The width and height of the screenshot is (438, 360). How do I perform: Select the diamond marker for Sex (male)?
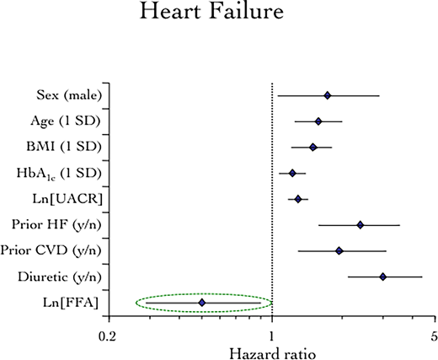tap(327, 95)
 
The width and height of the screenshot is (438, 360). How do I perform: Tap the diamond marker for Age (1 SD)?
tap(318, 121)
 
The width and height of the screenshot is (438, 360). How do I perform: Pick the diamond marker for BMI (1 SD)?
tap(312, 147)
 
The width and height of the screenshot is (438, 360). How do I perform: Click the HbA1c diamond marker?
tap(292, 173)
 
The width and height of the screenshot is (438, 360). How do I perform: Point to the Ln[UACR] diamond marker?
tap(297, 199)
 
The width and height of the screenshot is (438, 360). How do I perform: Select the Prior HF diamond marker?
tap(360, 225)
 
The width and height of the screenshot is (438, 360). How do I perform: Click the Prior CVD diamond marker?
tap(339, 250)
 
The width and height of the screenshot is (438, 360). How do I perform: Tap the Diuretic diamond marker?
tap(383, 277)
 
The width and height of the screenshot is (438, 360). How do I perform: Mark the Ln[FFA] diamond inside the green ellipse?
tap(201, 302)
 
